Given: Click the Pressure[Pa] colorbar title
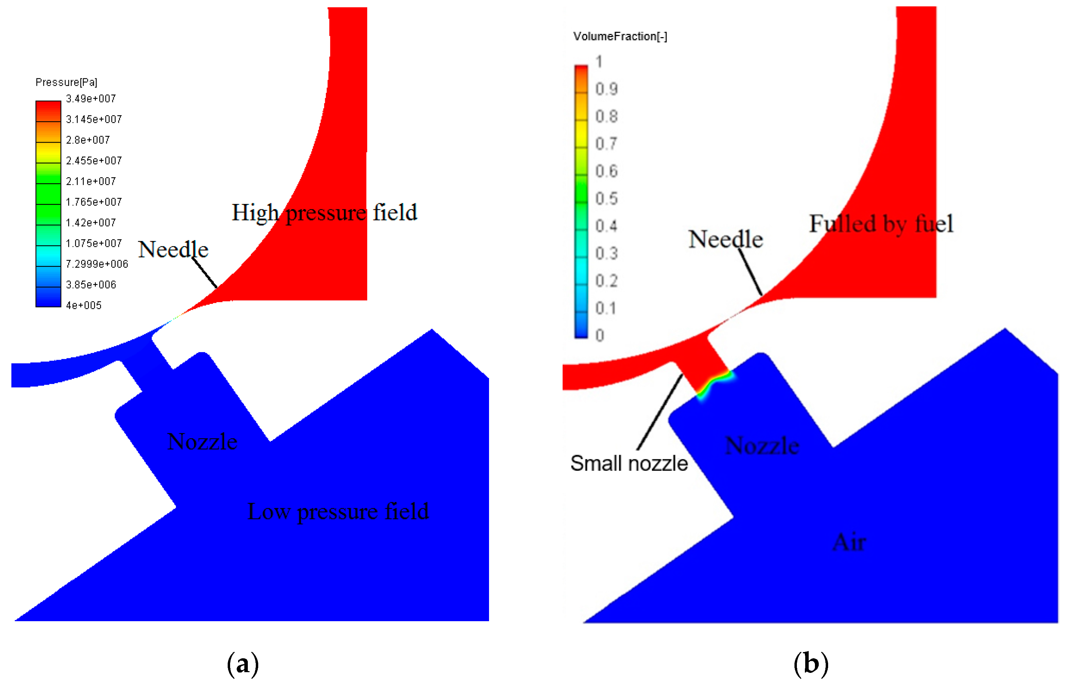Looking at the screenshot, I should (66, 82).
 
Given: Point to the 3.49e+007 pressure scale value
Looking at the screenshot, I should (91, 99).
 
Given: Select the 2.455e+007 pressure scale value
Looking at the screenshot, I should (93, 161).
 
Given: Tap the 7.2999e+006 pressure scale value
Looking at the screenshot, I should (96, 264).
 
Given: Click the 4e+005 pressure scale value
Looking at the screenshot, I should (84, 306).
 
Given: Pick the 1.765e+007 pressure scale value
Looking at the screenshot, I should (93, 202).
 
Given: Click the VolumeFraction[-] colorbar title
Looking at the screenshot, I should (620, 36).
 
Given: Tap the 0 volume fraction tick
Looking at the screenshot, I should (600, 335).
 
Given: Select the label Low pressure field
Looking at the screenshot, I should (338, 511).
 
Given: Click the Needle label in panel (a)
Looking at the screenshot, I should (173, 249).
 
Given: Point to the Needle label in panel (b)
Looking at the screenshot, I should (725, 239).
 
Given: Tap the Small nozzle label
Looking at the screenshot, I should (629, 463).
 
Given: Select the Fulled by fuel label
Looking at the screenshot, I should (881, 223).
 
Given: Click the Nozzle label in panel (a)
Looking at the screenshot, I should (202, 442).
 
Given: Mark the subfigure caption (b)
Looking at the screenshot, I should (811, 663).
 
